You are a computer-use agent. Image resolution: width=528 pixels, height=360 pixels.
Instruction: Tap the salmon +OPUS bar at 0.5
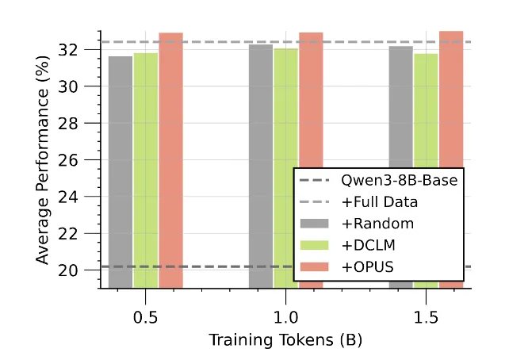(171, 159)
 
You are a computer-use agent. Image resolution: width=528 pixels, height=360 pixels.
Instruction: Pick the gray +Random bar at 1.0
(261, 159)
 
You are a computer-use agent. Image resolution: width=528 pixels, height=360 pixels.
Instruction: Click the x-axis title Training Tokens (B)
(285, 340)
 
